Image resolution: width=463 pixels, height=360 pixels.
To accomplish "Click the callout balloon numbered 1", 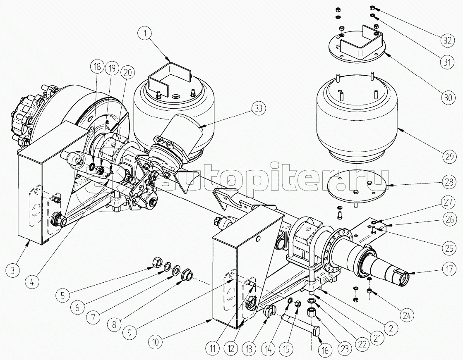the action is point(145,33).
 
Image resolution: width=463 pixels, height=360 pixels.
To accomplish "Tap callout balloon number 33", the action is point(258,109).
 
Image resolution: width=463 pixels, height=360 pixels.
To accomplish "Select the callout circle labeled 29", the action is point(449,156).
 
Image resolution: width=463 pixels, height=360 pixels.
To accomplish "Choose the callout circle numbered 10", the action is point(156,342).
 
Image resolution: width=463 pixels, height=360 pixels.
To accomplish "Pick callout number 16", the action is point(325,350).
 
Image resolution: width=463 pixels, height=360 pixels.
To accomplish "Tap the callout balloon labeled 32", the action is point(447,40).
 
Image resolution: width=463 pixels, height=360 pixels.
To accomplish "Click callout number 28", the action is point(449,182).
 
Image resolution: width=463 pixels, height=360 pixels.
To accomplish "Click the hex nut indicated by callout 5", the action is point(156,262).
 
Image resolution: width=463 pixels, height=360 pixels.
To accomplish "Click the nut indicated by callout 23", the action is point(312,312).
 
